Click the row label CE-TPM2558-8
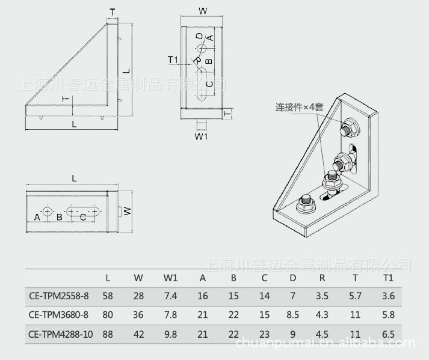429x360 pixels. click(x=59, y=296)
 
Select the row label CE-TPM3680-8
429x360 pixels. click(x=58, y=315)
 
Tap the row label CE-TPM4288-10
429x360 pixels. click(x=60, y=334)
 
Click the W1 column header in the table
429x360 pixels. click(x=170, y=278)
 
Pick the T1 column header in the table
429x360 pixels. click(x=388, y=278)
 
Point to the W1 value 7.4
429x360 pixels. click(x=170, y=296)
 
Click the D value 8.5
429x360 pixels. click(x=293, y=315)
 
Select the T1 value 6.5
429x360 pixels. click(x=388, y=334)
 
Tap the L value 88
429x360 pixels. click(x=108, y=334)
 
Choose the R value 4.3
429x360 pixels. click(x=322, y=315)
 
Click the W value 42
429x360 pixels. click(x=138, y=334)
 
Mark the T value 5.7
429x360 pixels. click(x=355, y=296)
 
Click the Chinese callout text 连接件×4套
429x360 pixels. click(x=299, y=107)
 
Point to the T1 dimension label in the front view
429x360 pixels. click(x=173, y=59)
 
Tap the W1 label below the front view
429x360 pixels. click(x=201, y=136)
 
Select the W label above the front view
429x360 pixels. click(x=203, y=11)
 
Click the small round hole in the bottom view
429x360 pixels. click(x=48, y=211)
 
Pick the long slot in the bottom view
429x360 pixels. click(x=83, y=212)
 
